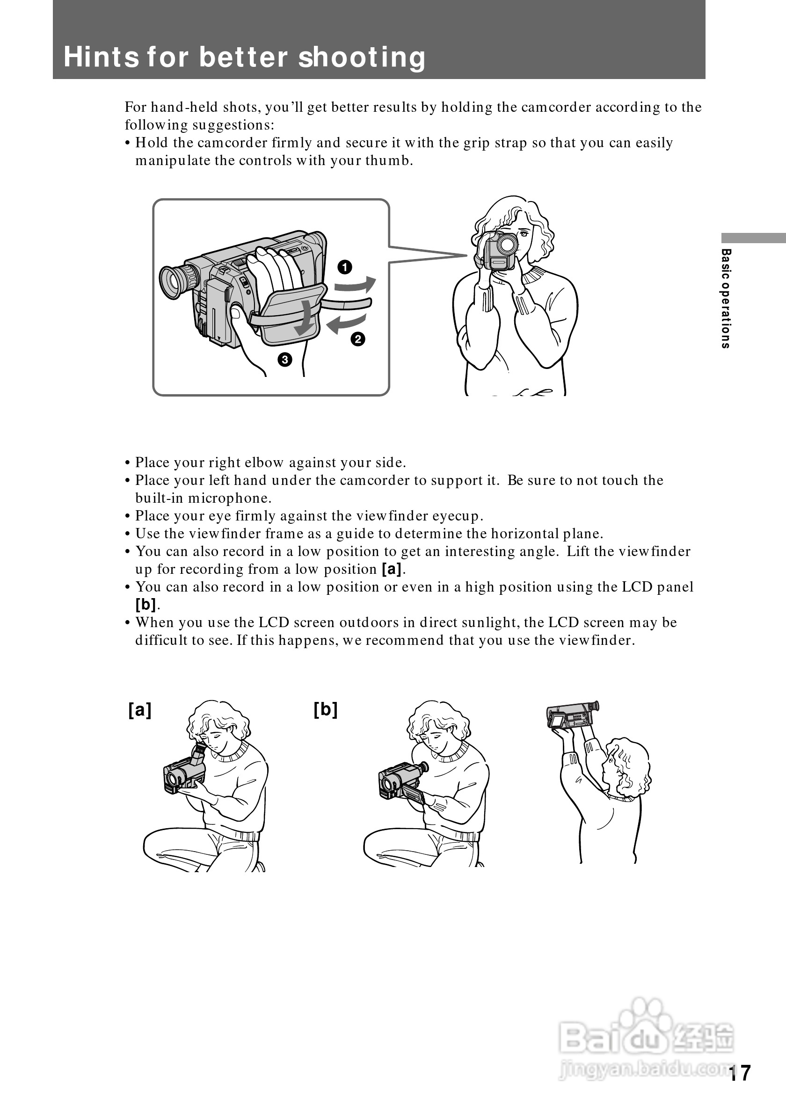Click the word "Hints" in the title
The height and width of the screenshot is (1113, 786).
(x=101, y=57)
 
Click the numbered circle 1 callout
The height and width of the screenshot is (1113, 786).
(x=345, y=267)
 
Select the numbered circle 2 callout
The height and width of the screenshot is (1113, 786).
(x=358, y=339)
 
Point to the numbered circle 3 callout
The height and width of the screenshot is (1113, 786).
(x=284, y=359)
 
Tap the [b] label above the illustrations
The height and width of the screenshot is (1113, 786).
(x=325, y=710)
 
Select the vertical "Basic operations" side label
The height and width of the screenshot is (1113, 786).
(x=726, y=299)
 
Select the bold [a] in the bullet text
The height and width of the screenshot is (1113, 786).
(x=392, y=569)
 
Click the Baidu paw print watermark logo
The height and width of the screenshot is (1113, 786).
(x=643, y=1019)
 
